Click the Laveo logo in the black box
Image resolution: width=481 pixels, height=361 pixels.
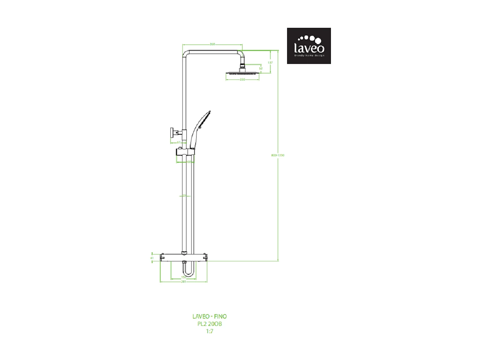pyautogui.click(x=309, y=46)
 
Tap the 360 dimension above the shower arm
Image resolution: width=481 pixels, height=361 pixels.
pyautogui.click(x=212, y=44)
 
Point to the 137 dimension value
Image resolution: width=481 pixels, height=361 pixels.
pyautogui.click(x=270, y=63)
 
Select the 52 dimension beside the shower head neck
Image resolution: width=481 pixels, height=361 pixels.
pyautogui.click(x=261, y=68)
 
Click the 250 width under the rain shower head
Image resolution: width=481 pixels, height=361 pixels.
pyautogui.click(x=242, y=80)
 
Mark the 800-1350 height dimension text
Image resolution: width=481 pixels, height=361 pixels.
pyautogui.click(x=278, y=155)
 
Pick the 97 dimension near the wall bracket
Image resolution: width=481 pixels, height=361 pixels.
pyautogui.click(x=179, y=142)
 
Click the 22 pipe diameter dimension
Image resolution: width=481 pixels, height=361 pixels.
pyautogui.click(x=184, y=196)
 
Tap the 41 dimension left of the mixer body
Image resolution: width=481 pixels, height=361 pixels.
pyautogui.click(x=152, y=258)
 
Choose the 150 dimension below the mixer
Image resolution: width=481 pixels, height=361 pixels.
pyautogui.click(x=184, y=277)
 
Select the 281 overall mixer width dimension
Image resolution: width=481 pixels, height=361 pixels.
pyautogui.click(x=184, y=282)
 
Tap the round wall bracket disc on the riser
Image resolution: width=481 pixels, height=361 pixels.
pyautogui.click(x=172, y=132)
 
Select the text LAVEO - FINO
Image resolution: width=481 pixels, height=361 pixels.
pyautogui.click(x=209, y=316)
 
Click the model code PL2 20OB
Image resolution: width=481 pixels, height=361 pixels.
pyautogui.click(x=209, y=324)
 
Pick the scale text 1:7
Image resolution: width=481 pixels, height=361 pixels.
pyautogui.click(x=209, y=331)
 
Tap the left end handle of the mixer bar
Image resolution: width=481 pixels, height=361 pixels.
pyautogui.click(x=163, y=257)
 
